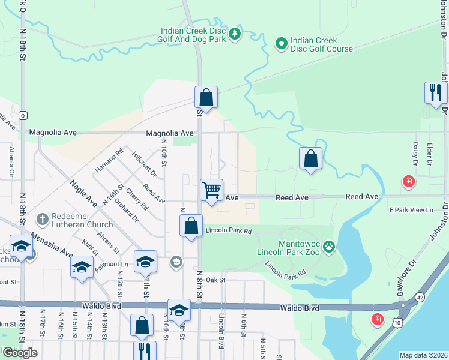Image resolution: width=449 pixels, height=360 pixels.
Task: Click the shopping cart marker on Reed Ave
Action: click(x=211, y=190)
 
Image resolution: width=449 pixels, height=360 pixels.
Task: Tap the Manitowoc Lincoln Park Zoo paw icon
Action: click(x=329, y=245)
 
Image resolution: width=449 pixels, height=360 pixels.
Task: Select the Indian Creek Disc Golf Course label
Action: click(x=321, y=44)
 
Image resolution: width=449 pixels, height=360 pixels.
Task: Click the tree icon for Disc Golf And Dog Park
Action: click(x=236, y=33)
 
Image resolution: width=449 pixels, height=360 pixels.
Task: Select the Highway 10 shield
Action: click(x=397, y=322)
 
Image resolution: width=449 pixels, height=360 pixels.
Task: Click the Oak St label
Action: click(x=215, y=280)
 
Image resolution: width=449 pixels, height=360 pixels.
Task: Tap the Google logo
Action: click(x=20, y=353)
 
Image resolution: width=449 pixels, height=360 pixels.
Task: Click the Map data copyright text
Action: click(x=423, y=355)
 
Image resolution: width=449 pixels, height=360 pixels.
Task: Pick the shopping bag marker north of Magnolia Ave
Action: click(x=206, y=97)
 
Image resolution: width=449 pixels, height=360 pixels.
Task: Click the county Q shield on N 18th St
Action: click(x=23, y=114)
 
